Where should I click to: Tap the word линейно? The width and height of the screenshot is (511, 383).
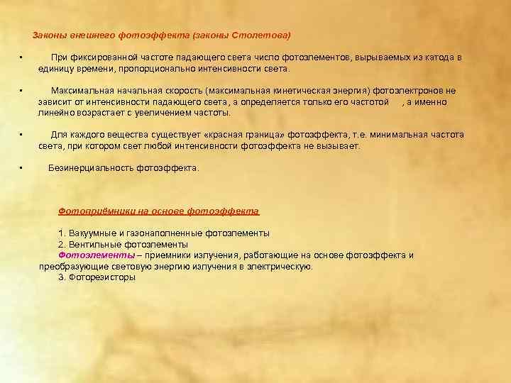(x=54, y=113)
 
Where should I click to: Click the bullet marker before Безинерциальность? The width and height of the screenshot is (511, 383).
(x=22, y=167)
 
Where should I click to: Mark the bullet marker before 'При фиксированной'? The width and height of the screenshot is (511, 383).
(x=22, y=57)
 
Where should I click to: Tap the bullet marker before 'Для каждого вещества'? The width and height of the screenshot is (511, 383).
(x=22, y=134)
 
